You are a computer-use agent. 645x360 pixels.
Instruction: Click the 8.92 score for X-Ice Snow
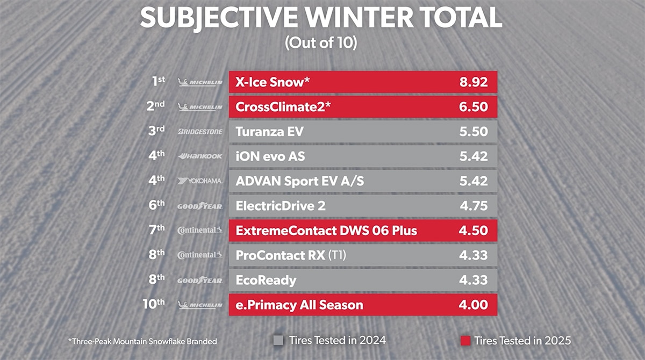[x=473, y=82]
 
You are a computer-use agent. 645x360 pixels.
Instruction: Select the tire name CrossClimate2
[x=283, y=107]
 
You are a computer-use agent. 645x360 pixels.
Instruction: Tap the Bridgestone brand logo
[x=199, y=132]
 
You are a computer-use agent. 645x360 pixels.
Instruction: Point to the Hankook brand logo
[x=199, y=156]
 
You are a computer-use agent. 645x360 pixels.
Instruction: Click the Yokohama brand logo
[x=199, y=181]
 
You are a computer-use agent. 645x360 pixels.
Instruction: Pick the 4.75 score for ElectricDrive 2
[x=473, y=206]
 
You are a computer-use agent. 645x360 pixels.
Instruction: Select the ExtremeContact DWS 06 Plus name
[x=326, y=231]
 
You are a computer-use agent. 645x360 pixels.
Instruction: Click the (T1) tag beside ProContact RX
[x=337, y=256]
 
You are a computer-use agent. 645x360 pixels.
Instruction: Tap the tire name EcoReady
[x=266, y=280]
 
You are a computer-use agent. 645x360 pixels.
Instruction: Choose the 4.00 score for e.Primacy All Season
[x=473, y=305]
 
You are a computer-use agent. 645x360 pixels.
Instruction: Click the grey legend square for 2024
[x=278, y=340]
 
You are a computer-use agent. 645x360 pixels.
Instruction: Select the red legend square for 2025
[x=465, y=340]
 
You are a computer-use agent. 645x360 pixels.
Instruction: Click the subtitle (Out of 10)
[x=321, y=44]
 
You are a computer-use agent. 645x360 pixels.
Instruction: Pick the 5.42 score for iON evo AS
[x=473, y=156]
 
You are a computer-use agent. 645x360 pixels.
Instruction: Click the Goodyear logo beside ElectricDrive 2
[x=199, y=206]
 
